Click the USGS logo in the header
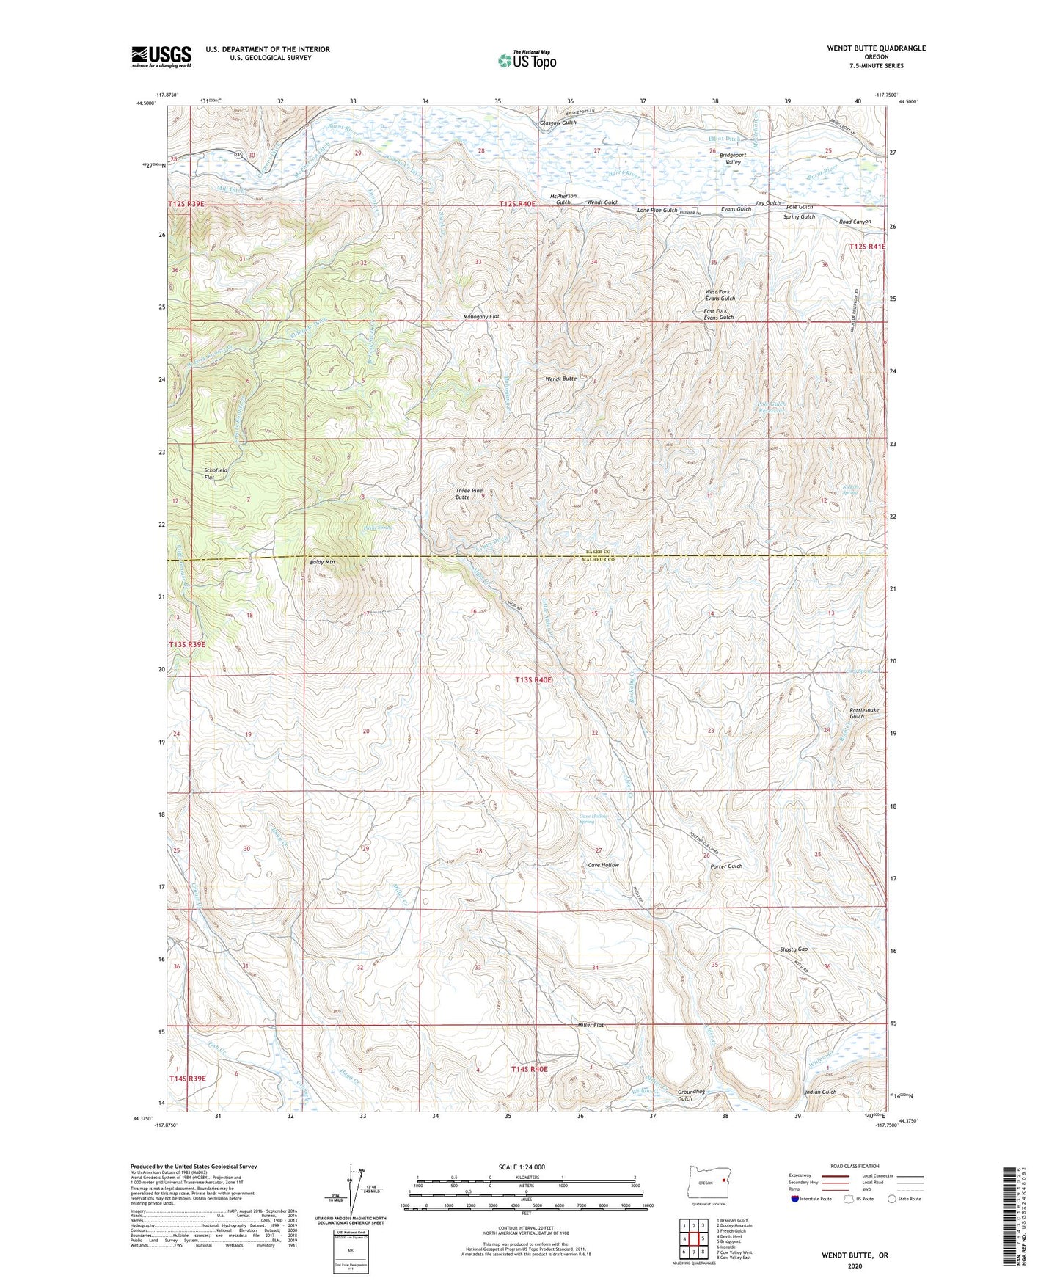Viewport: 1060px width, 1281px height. point(161,56)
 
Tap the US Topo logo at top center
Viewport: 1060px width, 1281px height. point(526,60)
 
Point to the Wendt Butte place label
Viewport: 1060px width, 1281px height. point(560,379)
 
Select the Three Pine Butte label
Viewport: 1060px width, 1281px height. point(469,494)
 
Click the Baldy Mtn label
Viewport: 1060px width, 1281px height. point(320,562)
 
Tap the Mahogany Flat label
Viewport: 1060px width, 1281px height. point(481,316)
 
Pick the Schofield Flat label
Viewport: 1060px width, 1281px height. point(216,473)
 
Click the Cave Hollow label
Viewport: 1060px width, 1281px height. point(604,865)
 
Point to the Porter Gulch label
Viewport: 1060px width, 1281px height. point(726,866)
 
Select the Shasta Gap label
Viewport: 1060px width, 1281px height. point(793,949)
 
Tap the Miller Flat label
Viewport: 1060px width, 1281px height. point(590,1025)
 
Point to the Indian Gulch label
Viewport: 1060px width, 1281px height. point(820,1092)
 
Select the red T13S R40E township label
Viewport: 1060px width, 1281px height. point(533,680)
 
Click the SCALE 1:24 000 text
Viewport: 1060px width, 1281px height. point(521,1167)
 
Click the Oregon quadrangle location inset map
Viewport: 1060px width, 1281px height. point(706,1183)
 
